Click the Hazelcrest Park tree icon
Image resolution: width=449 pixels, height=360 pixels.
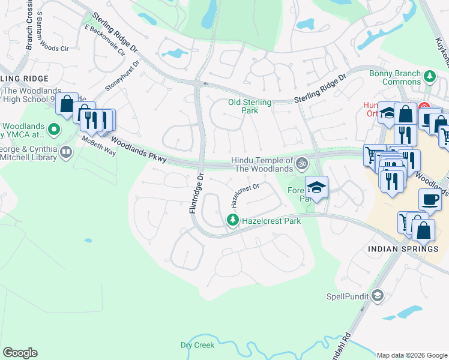[x=233, y=221]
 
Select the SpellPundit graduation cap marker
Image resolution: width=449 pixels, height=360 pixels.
[x=377, y=296]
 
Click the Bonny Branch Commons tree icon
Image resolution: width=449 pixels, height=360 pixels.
[x=429, y=77]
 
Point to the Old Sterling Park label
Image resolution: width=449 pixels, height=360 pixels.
[x=250, y=106]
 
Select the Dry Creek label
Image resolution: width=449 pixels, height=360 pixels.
[x=197, y=346]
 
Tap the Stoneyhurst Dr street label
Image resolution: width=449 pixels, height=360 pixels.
[x=122, y=74]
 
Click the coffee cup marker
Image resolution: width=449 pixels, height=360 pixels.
[x=429, y=199]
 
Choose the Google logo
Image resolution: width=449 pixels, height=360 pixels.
[x=20, y=353]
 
